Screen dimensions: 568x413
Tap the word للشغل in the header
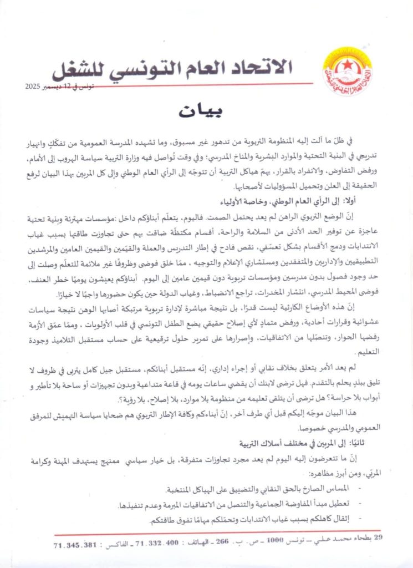click(x=81, y=69)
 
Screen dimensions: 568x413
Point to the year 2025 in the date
click(x=37, y=87)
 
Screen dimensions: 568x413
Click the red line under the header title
click(x=183, y=83)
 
